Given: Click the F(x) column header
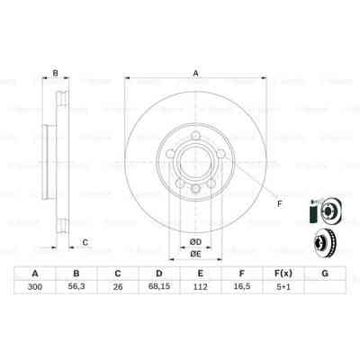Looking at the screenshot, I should point(283,274).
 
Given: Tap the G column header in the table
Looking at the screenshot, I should point(324,274).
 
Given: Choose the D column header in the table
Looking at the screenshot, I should point(158,274).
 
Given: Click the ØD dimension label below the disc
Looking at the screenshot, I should point(194,241).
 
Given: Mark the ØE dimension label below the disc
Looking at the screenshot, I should point(194,254).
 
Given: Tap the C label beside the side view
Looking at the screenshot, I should point(84,241).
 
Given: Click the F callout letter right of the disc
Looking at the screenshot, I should point(278,204).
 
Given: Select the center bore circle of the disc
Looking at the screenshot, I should point(194,162).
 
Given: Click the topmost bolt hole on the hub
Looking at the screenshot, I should point(194,139).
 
